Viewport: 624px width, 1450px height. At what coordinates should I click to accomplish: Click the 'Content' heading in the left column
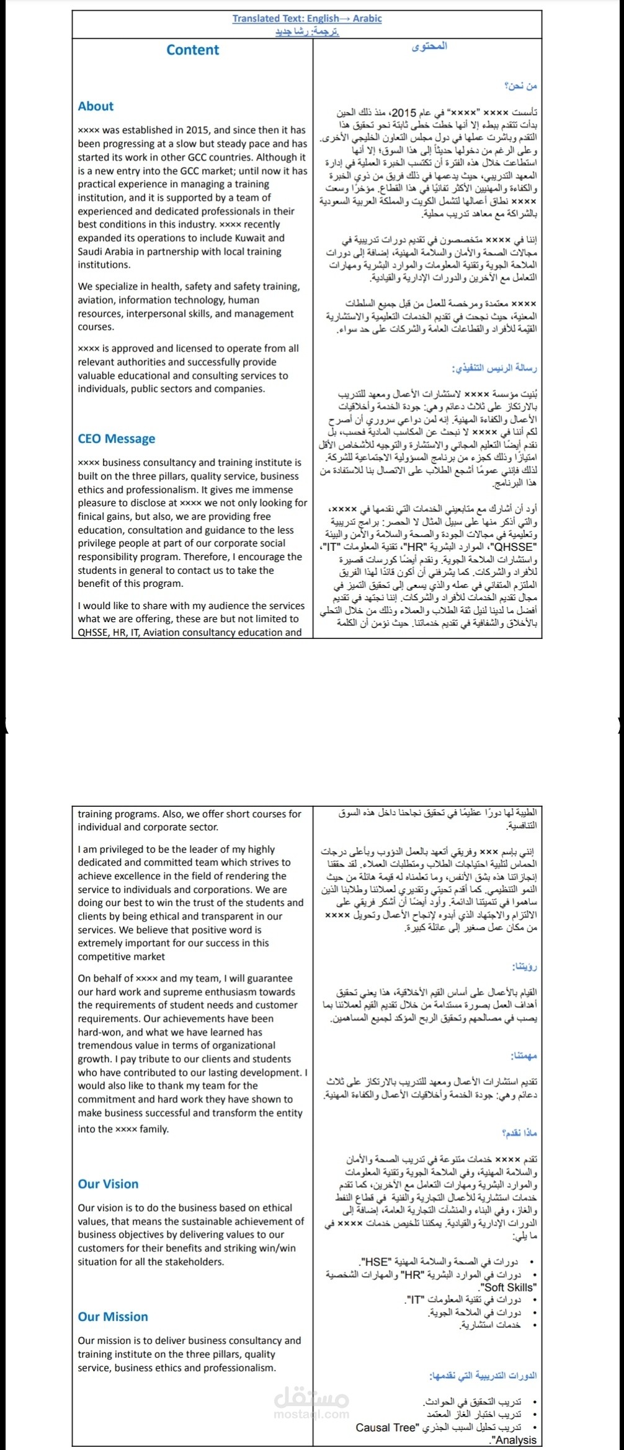[x=192, y=50]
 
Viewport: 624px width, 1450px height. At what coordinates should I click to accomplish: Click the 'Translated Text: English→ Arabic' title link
[x=307, y=19]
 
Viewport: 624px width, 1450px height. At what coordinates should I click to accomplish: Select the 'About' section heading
[x=96, y=106]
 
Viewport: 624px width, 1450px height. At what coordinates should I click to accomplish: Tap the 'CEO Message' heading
[x=117, y=439]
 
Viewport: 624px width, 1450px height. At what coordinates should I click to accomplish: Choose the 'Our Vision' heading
[x=108, y=1184]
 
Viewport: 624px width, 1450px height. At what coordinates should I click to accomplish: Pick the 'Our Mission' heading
[x=113, y=1317]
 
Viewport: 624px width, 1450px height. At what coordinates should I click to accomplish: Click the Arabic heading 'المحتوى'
[x=429, y=46]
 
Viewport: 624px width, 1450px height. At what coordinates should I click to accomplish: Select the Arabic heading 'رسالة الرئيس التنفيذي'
[x=495, y=368]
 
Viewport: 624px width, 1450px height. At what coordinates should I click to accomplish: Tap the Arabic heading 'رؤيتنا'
[x=524, y=966]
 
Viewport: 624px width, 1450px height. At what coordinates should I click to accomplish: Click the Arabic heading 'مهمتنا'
[x=524, y=1056]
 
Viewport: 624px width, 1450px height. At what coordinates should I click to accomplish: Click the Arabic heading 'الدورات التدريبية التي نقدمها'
[x=483, y=1376]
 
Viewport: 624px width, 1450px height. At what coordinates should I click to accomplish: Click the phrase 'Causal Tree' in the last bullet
[x=385, y=1428]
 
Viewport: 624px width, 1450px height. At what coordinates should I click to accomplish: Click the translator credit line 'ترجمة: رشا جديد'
[x=307, y=31]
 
